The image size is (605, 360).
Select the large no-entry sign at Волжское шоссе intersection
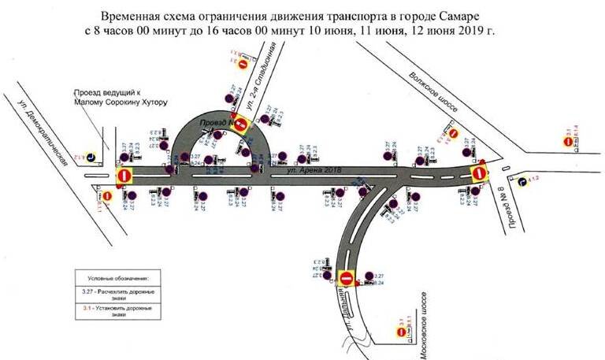[x=478, y=173]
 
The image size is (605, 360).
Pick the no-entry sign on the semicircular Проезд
[x=241, y=124]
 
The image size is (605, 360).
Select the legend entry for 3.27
[x=119, y=294]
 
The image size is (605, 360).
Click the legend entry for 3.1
[x=119, y=310]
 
